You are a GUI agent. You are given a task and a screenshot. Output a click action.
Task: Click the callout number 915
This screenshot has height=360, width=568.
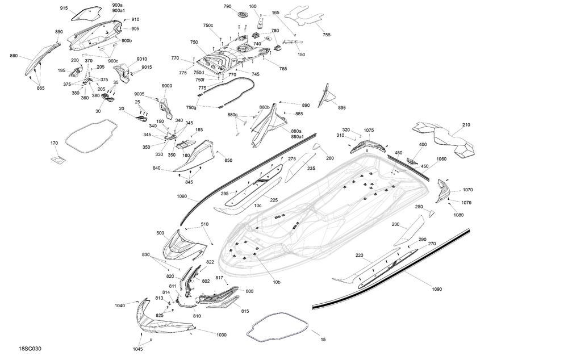coord(64,9)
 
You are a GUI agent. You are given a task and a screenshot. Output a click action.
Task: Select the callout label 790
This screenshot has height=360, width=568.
coord(227,6)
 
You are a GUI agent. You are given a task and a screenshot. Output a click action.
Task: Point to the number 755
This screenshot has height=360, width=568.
coord(327,35)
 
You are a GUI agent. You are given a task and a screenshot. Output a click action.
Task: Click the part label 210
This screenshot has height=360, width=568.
coord(466,125)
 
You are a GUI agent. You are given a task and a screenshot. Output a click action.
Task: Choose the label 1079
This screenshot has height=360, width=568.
coord(466,203)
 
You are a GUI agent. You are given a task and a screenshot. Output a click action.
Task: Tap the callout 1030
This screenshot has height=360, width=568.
coord(222,335)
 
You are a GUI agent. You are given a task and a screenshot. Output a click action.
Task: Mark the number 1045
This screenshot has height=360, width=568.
coord(138,348)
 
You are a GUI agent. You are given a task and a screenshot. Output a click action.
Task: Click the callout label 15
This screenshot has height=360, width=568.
coord(323,340)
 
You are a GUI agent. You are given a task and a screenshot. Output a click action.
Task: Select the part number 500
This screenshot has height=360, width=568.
coord(161,233)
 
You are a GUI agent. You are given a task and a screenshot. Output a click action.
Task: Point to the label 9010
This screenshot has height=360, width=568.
coord(142,59)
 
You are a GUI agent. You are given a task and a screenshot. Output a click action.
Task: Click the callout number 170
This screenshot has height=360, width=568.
coord(55,143)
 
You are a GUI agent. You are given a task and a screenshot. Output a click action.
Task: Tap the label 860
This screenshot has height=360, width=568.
coord(14,56)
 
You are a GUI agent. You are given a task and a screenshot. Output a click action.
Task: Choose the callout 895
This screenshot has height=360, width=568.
coord(341,108)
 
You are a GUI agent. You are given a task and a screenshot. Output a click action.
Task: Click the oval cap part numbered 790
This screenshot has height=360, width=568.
coord(243,14)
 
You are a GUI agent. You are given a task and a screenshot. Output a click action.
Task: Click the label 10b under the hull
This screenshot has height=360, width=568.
coord(277,282)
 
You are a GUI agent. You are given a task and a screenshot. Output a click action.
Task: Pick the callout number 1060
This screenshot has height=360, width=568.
coord(441,159)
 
